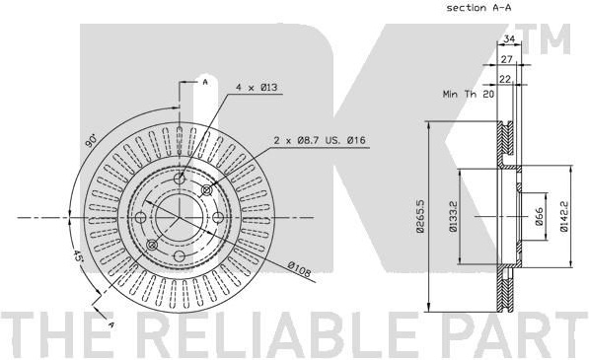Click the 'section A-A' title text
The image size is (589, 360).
(479, 8)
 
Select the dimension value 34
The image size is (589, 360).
(509, 38)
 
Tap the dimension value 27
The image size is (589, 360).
(507, 59)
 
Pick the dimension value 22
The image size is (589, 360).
(505, 79)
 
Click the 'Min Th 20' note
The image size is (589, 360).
(468, 94)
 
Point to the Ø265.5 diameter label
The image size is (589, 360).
(420, 216)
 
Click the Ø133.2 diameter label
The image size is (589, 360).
(453, 216)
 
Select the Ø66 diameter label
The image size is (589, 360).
(539, 216)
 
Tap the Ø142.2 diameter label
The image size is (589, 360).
(563, 216)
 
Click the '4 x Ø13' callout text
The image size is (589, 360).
(257, 88)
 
